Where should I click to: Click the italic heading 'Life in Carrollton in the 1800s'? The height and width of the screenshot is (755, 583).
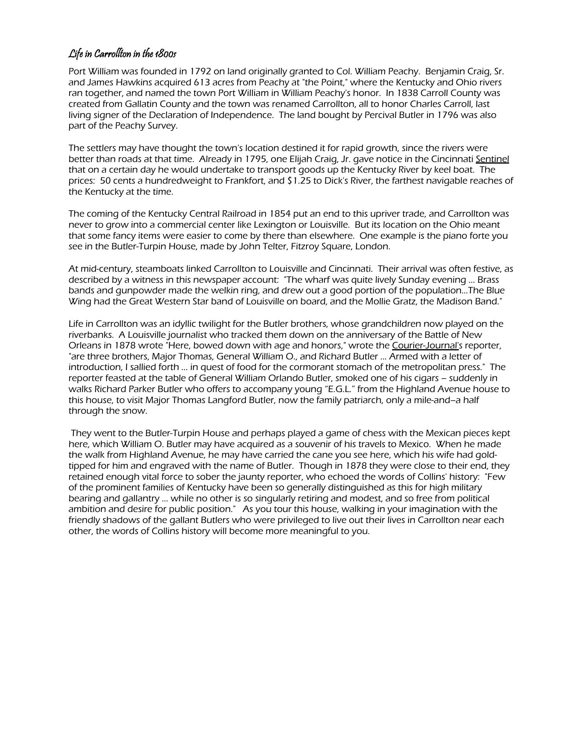click(x=122, y=53)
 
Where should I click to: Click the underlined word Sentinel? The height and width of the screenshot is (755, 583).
click(x=492, y=159)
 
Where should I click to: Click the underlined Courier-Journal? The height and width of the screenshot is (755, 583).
click(x=425, y=346)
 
